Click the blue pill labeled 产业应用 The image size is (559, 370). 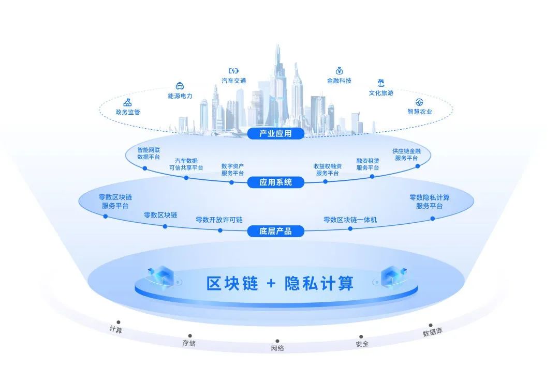(275, 133)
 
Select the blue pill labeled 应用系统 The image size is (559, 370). (275, 182)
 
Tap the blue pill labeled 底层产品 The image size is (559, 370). (275, 232)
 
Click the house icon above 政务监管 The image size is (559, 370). (127, 102)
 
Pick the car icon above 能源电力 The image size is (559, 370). (180, 86)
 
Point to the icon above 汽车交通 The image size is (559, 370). (233, 71)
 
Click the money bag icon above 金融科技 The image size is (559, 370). (339, 70)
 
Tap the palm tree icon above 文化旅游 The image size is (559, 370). (381, 83)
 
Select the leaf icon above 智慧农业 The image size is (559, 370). (419, 102)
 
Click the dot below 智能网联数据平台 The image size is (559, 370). (145, 168)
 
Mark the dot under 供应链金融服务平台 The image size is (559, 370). (418, 166)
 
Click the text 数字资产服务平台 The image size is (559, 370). (232, 169)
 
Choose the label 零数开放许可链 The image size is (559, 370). (219, 220)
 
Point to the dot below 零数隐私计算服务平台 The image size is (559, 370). (432, 219)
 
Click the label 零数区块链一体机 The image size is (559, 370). (350, 220)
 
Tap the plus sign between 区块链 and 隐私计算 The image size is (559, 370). (271, 283)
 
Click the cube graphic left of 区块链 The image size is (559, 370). (161, 276)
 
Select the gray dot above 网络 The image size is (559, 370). (277, 341)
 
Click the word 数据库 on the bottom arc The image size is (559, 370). (432, 332)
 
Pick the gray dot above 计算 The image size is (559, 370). (119, 322)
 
